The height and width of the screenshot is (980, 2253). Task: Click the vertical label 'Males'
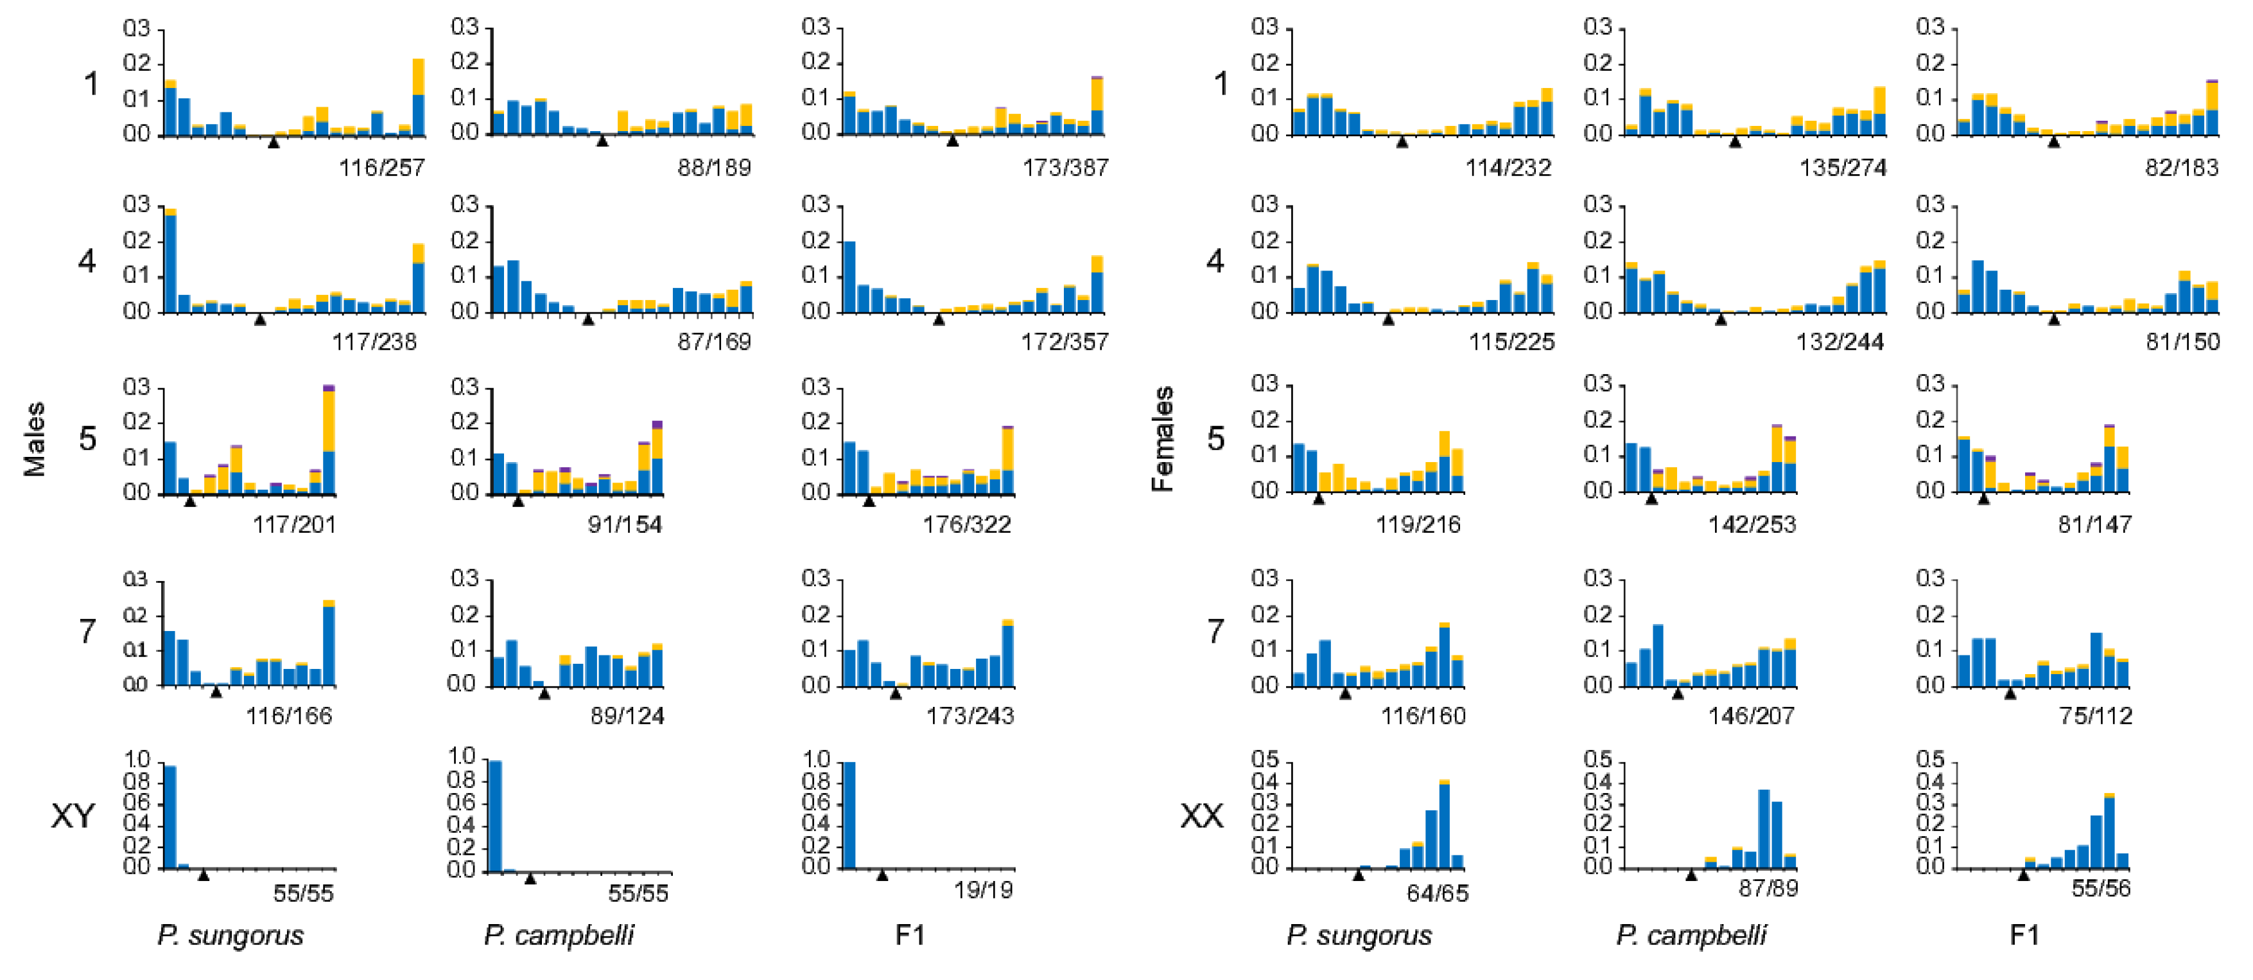point(35,440)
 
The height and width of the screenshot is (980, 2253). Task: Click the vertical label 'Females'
point(1162,440)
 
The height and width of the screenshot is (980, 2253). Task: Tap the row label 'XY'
point(73,815)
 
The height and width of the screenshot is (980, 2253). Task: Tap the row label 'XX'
point(1202,815)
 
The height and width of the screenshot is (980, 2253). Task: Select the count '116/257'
point(381,167)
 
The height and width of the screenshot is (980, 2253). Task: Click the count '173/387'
point(1065,167)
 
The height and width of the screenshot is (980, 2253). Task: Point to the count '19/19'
point(983,891)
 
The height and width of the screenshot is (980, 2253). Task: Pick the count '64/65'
point(1437,893)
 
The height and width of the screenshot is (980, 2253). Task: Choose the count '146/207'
point(1751,716)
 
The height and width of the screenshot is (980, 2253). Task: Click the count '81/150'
point(2182,341)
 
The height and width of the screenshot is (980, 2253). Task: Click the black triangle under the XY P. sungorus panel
point(204,874)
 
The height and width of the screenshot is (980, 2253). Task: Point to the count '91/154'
point(625,524)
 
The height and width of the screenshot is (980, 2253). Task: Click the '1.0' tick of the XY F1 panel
point(816,760)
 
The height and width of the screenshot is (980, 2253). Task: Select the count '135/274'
point(1842,167)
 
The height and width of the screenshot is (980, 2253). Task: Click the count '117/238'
point(374,341)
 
